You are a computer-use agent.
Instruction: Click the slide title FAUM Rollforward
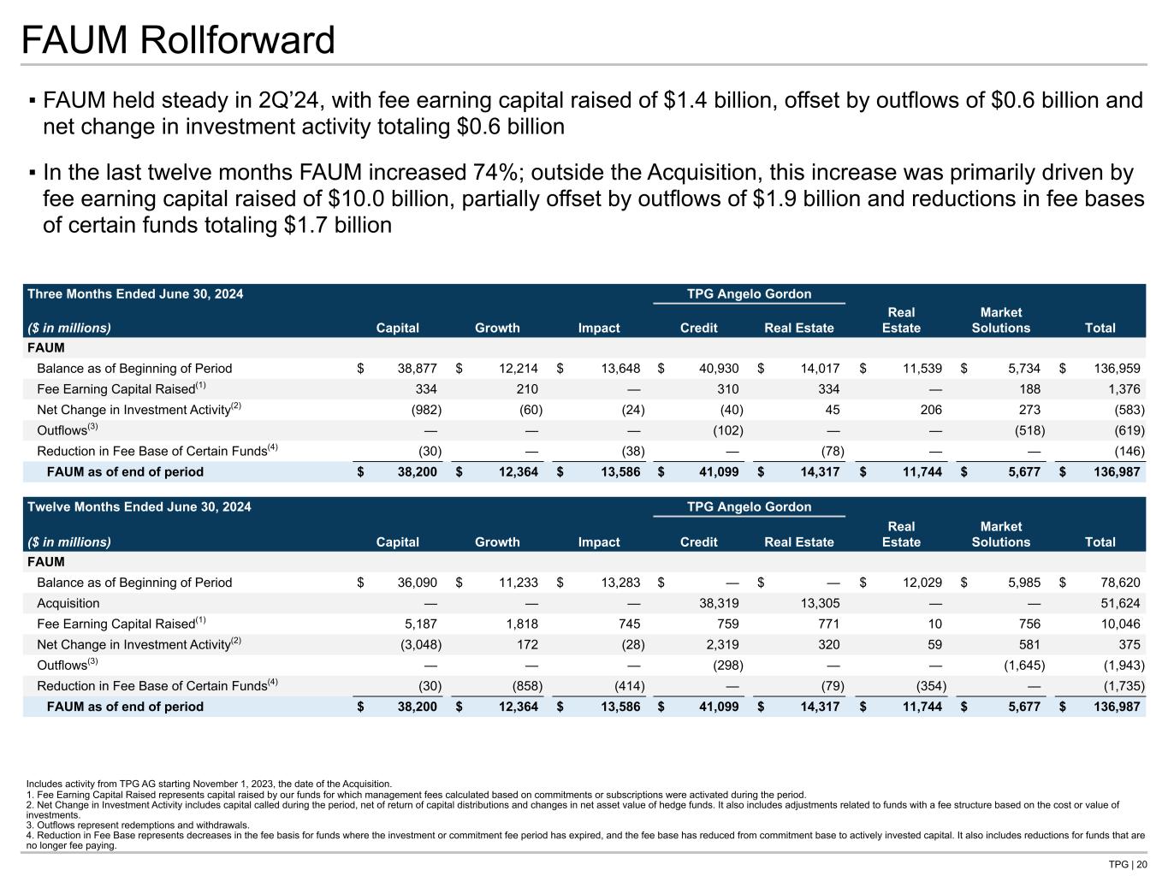178,40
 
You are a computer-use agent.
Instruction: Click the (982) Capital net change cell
426,410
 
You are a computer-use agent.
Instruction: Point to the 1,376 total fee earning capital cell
1124,389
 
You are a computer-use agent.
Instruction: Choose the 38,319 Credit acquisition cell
719,603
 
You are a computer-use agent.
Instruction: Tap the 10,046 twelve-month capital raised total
1119,624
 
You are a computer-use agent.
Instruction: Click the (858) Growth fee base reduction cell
525,686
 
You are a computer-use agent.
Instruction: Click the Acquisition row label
68,603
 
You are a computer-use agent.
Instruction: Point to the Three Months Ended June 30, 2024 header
135,294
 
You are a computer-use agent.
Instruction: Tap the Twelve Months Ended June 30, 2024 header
139,507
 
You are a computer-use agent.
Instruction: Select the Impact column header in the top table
599,328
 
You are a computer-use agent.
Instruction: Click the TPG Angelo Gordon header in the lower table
749,507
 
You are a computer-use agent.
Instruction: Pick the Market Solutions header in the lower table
1000,534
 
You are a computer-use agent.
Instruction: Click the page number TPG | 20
1128,865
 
